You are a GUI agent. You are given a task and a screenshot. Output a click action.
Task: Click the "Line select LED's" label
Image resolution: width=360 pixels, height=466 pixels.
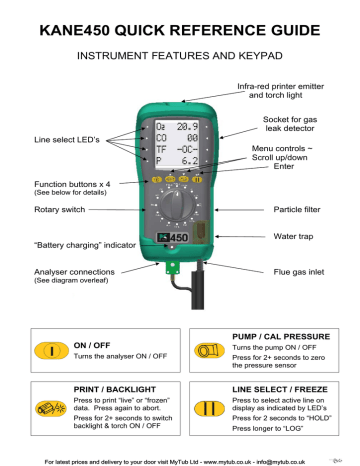coord(67,138)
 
